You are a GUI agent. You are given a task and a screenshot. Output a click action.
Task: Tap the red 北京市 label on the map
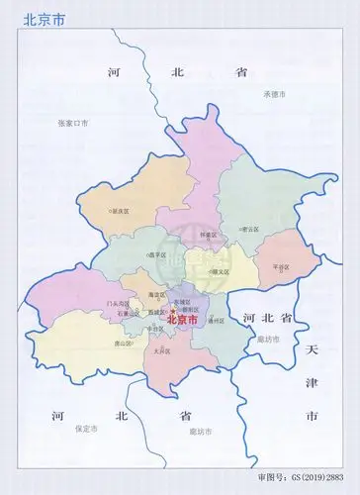pyautogui.click(x=183, y=320)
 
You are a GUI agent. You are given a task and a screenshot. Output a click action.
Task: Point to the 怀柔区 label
pyautogui.click(x=209, y=234)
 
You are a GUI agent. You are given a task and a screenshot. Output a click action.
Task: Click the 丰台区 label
pyautogui.click(x=156, y=328)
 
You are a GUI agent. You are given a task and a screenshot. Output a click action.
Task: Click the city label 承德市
pyautogui.click(x=274, y=94)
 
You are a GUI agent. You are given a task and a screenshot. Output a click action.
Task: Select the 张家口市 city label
pyautogui.click(x=72, y=122)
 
